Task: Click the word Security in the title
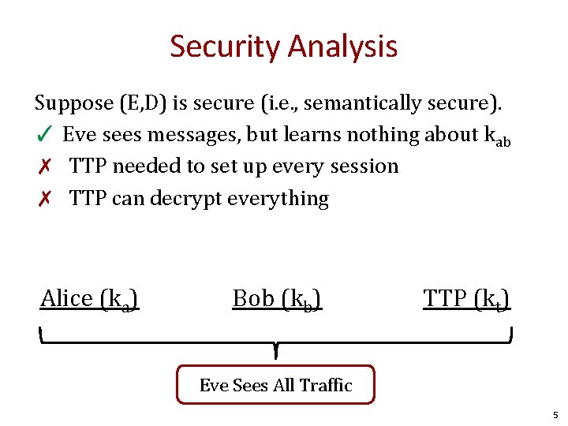point(225,47)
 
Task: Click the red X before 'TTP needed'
point(45,166)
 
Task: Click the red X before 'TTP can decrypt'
point(45,198)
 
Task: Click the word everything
point(278,198)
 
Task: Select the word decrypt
point(185,198)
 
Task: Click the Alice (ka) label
point(90,299)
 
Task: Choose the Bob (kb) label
point(277,299)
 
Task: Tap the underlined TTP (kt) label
point(466,299)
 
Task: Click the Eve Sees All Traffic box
point(275,385)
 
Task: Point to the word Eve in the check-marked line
point(80,135)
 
